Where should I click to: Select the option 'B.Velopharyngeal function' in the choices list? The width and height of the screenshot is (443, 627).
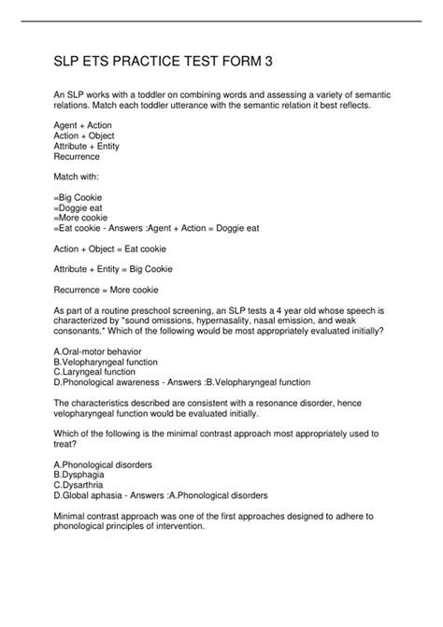click(x=107, y=361)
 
